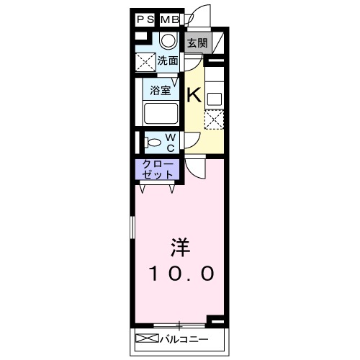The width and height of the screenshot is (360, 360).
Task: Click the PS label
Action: click(x=145, y=19)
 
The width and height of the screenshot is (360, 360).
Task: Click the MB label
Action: click(x=170, y=19)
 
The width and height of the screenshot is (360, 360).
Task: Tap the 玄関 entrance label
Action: click(x=197, y=42)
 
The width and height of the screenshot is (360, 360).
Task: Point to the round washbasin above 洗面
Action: click(x=168, y=41)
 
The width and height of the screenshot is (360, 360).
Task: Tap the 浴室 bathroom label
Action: click(x=161, y=91)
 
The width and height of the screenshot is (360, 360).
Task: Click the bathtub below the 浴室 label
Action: click(x=161, y=113)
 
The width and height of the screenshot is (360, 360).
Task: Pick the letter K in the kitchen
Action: click(x=194, y=94)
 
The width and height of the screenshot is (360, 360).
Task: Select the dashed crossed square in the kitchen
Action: click(x=214, y=119)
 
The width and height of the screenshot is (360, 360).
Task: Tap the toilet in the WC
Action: click(x=151, y=142)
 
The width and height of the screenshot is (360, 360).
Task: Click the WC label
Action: click(x=171, y=142)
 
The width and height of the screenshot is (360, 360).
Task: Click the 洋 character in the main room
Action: click(x=180, y=247)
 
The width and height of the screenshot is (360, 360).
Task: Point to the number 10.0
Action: click(x=181, y=274)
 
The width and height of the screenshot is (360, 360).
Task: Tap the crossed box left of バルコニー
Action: click(x=145, y=338)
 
